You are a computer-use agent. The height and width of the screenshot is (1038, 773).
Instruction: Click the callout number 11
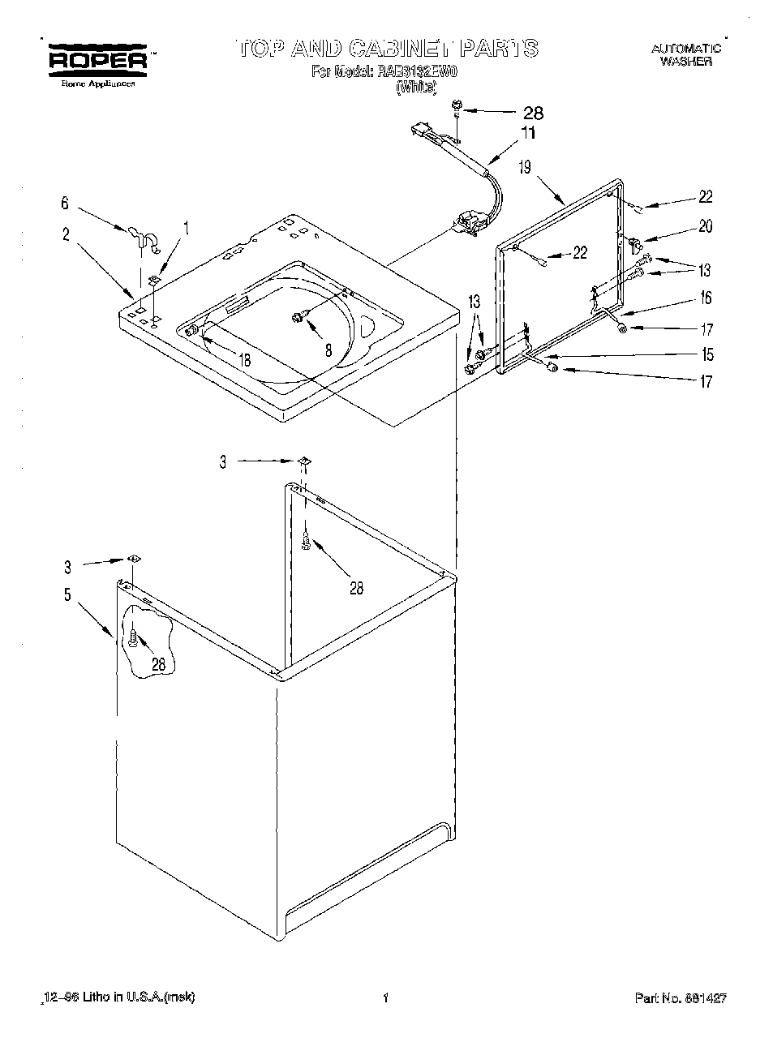pos(528,133)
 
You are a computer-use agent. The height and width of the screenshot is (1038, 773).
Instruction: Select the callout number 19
pos(525,168)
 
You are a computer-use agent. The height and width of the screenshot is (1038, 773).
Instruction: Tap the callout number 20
pos(705,227)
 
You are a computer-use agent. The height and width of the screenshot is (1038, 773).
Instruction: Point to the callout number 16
pos(705,298)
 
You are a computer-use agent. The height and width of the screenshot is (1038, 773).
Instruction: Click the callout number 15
pos(707,354)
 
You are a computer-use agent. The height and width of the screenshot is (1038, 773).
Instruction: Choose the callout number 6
pos(65,204)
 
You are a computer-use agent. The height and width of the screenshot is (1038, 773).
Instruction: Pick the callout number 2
pos(66,235)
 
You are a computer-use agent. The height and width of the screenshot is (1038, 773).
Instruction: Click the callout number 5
pos(67,594)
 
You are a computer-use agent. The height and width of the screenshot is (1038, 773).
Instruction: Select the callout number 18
pos(243,360)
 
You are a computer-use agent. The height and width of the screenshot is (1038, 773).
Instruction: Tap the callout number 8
pos(329,351)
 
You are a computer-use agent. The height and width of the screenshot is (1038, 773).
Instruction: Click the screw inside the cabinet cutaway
pos(133,639)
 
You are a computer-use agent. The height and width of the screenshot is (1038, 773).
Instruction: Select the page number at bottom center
pos(387,997)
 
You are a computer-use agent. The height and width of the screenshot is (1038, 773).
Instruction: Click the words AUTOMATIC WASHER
pos(685,55)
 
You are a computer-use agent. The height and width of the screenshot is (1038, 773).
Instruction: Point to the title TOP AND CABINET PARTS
pos(387,48)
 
